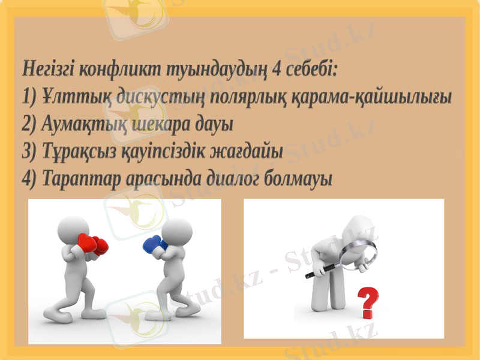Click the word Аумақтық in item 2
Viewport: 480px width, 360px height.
click(x=81, y=125)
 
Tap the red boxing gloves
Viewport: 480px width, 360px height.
click(x=91, y=245)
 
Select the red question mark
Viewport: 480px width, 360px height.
click(x=368, y=303)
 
